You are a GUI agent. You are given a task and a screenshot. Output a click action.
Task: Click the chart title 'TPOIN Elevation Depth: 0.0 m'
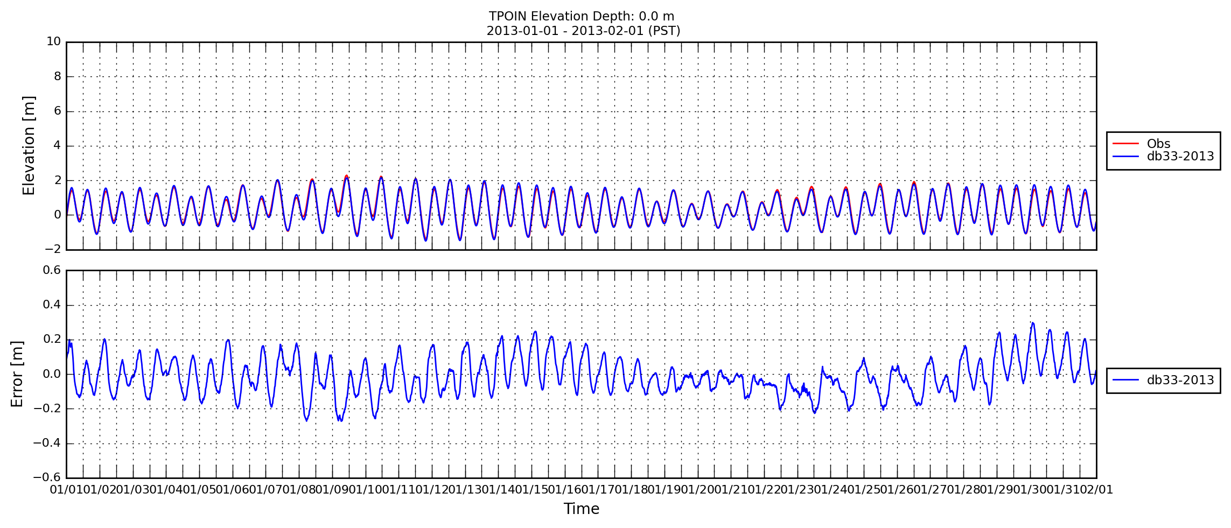coord(582,16)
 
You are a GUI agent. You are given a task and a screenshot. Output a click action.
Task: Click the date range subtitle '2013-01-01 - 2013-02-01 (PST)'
coord(583,31)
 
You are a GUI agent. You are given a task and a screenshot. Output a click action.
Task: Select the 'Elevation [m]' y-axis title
coord(29,145)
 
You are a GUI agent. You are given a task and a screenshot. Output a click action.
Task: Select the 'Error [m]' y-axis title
coord(17,374)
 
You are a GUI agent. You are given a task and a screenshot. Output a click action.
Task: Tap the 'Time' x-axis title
coord(582,509)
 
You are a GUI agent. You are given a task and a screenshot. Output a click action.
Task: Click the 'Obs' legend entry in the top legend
coord(1158,144)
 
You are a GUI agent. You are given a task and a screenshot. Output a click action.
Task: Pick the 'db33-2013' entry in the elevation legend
coord(1180,156)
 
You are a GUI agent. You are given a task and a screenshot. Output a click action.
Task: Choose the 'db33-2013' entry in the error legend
coord(1180,380)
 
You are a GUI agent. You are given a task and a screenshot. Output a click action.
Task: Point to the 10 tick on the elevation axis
coord(54,41)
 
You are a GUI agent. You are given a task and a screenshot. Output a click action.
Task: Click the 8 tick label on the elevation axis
coord(58,76)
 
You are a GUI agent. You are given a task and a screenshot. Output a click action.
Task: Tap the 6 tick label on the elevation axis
coord(58,111)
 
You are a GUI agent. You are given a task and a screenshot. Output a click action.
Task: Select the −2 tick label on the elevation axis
coord(53,249)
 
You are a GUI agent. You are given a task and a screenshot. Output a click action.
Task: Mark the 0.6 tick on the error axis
coord(52,270)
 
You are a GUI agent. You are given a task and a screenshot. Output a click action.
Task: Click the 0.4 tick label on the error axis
coord(52,305)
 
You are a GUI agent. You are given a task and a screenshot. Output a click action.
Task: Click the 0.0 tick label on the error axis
coord(52,374)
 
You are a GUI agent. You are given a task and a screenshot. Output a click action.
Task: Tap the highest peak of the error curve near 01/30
coord(1032,323)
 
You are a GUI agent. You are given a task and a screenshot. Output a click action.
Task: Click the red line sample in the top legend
coord(1126,144)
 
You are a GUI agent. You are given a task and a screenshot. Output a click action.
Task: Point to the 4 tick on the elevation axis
coord(58,145)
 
